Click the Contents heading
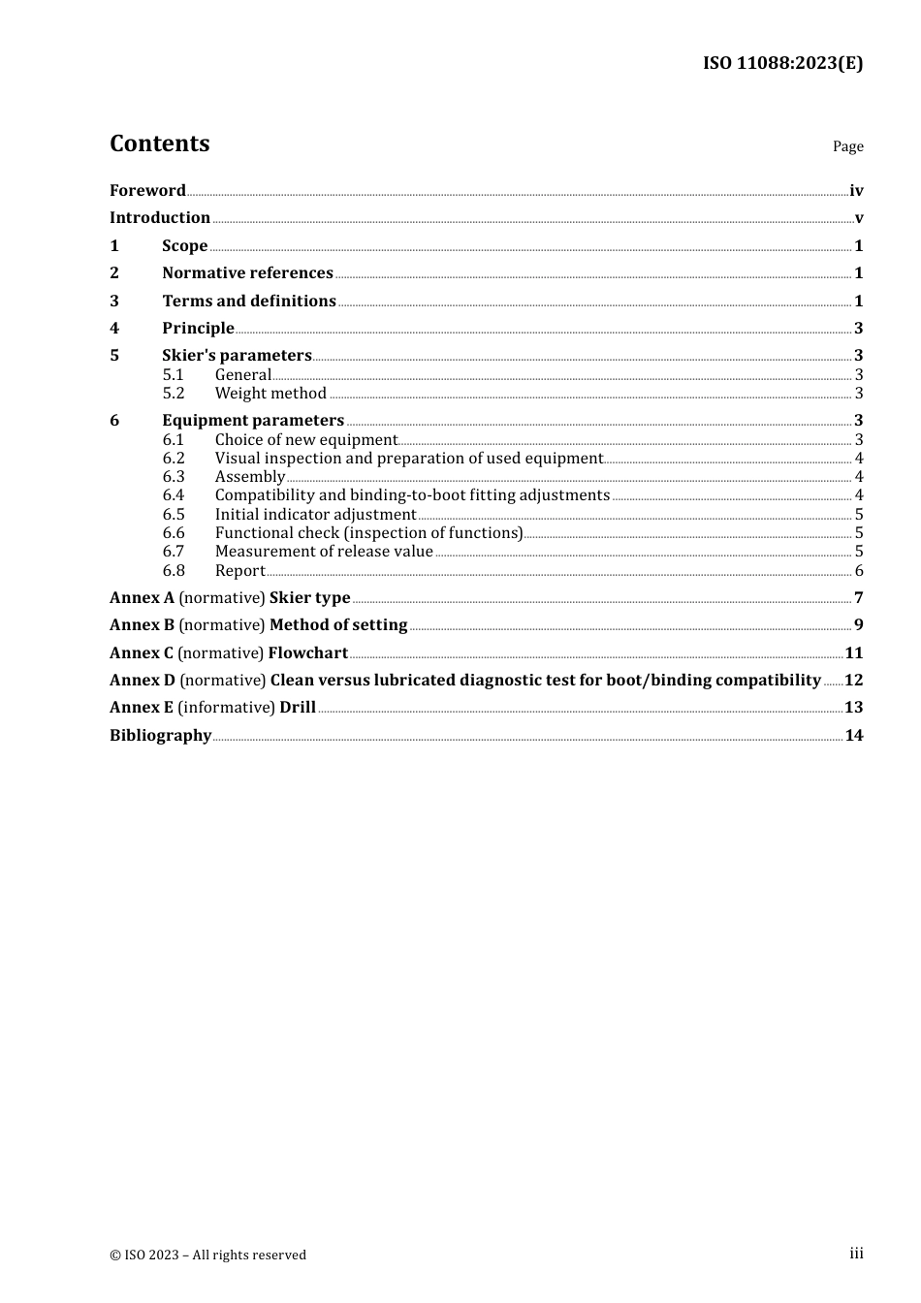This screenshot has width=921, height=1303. click(159, 143)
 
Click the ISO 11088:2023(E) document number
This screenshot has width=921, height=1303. click(782, 64)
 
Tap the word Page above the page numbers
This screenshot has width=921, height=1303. click(847, 146)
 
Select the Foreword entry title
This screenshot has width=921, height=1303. click(147, 191)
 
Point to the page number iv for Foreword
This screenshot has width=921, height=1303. click(856, 191)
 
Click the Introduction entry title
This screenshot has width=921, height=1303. click(160, 218)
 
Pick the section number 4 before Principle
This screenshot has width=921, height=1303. click(114, 329)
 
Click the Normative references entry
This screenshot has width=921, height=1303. click(247, 273)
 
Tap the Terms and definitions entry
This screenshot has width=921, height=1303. click(249, 302)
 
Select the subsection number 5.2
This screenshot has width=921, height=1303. click(174, 394)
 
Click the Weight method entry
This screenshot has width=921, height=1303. click(270, 394)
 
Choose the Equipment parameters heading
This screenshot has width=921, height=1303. click(253, 421)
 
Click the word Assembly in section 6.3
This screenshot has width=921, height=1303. click(250, 477)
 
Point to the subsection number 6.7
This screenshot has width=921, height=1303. click(174, 552)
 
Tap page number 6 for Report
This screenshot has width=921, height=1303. click(859, 571)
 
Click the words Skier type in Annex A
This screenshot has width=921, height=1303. click(309, 598)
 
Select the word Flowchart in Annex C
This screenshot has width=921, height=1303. click(307, 653)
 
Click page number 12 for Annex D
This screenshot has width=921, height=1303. click(853, 681)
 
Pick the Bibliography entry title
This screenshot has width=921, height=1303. click(160, 736)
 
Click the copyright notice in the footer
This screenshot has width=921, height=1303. click(207, 1255)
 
